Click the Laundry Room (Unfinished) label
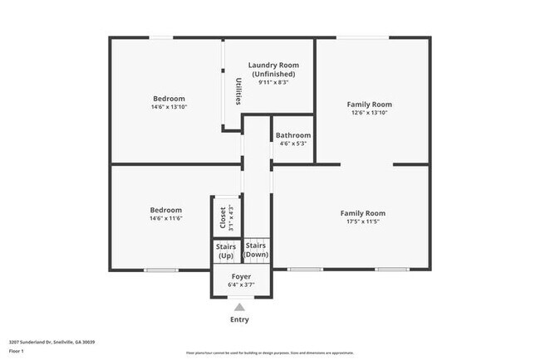[x=273, y=69]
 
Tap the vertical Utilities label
[x=238, y=92]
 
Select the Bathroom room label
[x=292, y=135]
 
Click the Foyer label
[x=241, y=276]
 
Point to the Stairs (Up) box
[x=225, y=251]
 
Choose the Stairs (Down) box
[x=255, y=250]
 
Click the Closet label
[x=222, y=218]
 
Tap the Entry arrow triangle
[x=239, y=306]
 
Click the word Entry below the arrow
[x=239, y=319]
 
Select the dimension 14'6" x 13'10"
[x=169, y=107]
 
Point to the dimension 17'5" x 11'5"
[x=362, y=221]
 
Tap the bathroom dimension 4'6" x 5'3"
[x=292, y=144]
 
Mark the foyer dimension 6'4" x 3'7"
[x=241, y=285]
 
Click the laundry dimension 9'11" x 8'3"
[x=273, y=82]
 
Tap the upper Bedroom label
[x=168, y=98]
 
